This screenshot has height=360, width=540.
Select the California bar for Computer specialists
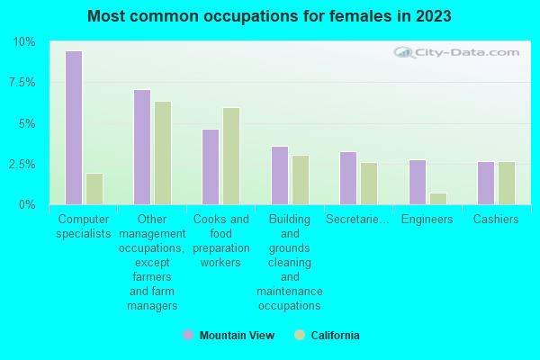(x=94, y=189)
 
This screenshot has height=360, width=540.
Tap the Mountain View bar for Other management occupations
(x=142, y=147)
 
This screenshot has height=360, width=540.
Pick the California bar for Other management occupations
(x=163, y=153)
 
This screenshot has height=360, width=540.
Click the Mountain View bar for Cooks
(x=211, y=166)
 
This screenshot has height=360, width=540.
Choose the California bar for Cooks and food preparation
(x=231, y=156)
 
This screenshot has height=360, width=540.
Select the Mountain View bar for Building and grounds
(x=280, y=175)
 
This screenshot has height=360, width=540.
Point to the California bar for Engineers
(x=438, y=199)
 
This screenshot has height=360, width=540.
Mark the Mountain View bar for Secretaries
(x=348, y=178)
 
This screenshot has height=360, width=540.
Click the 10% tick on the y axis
(x=24, y=42)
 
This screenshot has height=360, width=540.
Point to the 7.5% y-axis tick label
(x=22, y=83)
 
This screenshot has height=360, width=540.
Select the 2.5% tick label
(x=22, y=165)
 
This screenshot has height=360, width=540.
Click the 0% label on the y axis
(x=28, y=205)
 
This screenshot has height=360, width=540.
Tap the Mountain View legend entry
(x=229, y=336)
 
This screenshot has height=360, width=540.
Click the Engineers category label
(x=427, y=220)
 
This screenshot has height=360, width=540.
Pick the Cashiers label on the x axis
(x=496, y=220)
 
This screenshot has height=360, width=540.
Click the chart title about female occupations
(x=270, y=16)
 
